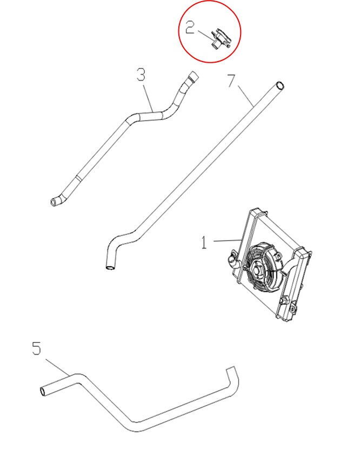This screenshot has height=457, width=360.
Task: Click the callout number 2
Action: (190, 28)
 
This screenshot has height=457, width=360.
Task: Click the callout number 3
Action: (141, 75)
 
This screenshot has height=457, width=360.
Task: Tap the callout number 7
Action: (231, 82)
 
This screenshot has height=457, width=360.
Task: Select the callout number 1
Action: (204, 243)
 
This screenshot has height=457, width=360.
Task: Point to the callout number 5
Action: (36, 349)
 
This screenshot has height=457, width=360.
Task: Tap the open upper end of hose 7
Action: (278, 85)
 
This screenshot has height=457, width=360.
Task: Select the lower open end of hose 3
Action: (54, 203)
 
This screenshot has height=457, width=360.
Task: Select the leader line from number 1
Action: (226, 240)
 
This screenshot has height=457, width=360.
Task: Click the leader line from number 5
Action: (57, 367)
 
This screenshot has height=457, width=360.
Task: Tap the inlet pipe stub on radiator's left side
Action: (234, 263)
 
